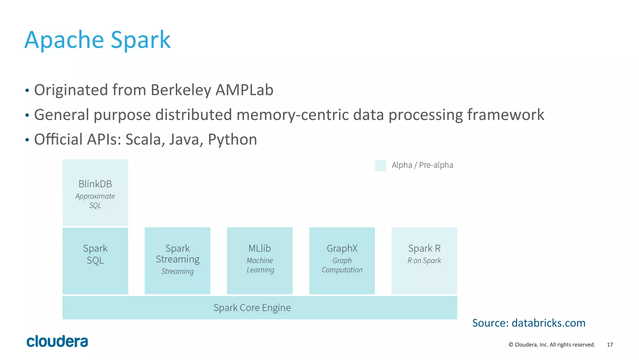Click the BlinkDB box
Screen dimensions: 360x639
(x=95, y=193)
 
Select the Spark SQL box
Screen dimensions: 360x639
(x=95, y=261)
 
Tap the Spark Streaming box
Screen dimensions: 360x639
(x=177, y=261)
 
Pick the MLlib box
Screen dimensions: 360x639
(x=260, y=261)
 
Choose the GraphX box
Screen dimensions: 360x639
(x=342, y=261)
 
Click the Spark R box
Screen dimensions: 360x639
(x=424, y=261)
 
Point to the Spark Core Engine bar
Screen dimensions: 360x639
(x=260, y=308)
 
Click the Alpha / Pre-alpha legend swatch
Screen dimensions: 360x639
(x=380, y=165)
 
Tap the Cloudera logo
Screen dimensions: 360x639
(x=57, y=341)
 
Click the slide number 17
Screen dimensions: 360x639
(x=610, y=345)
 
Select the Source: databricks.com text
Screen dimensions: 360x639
(x=529, y=323)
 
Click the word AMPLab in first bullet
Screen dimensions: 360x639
(x=244, y=90)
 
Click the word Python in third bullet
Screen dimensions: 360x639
(x=232, y=139)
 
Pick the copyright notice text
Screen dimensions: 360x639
(x=552, y=345)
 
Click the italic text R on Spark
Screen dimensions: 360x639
(x=424, y=261)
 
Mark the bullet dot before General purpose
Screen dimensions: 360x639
(x=27, y=116)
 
